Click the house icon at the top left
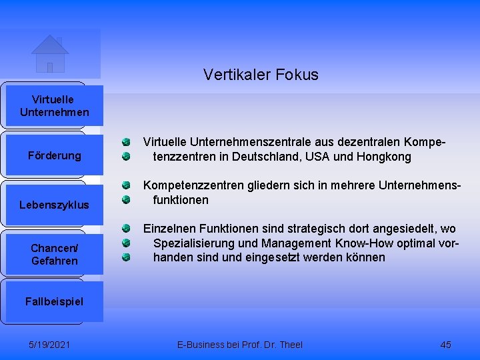click(x=50, y=53)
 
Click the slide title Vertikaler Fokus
click(x=261, y=75)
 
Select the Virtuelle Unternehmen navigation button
click(x=54, y=106)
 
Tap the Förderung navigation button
click(x=54, y=155)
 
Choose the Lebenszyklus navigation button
click(x=54, y=205)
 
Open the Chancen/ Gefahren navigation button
click(x=54, y=254)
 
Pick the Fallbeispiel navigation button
click(x=54, y=301)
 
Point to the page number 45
click(x=446, y=345)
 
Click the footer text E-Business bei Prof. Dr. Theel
click(x=239, y=345)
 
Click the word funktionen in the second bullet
click(x=181, y=200)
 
